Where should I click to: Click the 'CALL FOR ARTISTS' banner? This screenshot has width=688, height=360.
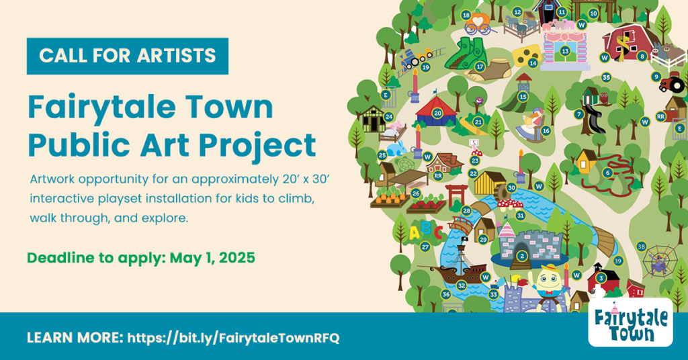pos(127,56)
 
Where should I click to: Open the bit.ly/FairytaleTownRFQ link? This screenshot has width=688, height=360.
pos(233,338)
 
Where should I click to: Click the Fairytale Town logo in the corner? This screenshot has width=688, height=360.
pos(630,322)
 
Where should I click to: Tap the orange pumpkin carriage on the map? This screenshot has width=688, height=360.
pos(478,22)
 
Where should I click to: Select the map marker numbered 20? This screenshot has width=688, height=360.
pos(437,113)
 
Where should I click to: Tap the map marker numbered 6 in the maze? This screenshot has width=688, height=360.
pos(607,173)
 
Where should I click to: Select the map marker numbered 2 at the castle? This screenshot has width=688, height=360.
pos(521,256)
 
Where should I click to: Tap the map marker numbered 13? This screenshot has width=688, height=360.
pos(565,51)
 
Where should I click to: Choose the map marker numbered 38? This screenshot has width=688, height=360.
pos(641,246)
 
